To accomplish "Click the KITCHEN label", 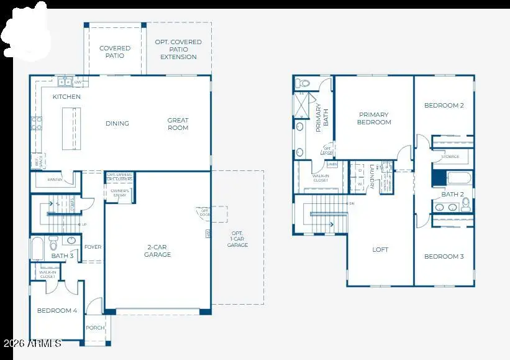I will click(x=66, y=97).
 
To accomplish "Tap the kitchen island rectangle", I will click(x=71, y=128).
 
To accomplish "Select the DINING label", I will click(x=117, y=123).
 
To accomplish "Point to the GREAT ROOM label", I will click(x=178, y=124).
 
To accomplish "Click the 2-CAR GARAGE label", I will click(x=158, y=251).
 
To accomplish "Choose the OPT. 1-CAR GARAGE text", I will click(x=237, y=238).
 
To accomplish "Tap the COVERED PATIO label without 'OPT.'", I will click(x=115, y=52).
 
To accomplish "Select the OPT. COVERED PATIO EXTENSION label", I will click(x=178, y=49).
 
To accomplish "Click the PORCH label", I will click(x=95, y=328).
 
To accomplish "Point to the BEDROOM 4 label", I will click(x=57, y=310).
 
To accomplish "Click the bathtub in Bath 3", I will click(x=37, y=247).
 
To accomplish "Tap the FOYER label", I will click(x=93, y=247).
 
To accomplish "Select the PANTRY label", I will click(x=55, y=180).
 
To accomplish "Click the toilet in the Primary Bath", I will click(x=303, y=83).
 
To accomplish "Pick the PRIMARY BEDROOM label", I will click(x=374, y=118).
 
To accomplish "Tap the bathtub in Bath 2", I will click(x=460, y=179).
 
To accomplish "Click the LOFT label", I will click(x=380, y=249).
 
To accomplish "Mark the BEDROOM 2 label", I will click(x=444, y=105).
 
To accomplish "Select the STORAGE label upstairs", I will click(x=450, y=157).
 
